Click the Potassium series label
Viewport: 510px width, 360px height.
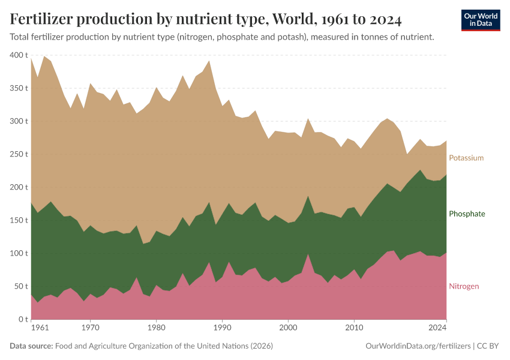[466, 158]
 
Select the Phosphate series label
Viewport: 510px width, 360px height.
[467, 214]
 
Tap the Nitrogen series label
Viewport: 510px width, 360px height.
[464, 286]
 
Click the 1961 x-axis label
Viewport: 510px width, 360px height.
[39, 328]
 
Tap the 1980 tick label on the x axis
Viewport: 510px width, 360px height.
[156, 328]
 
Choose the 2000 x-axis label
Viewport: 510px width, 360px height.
[289, 328]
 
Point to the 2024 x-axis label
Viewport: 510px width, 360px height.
[438, 328]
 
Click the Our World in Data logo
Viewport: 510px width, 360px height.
[481, 20]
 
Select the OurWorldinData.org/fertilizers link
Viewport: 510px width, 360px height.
[418, 346]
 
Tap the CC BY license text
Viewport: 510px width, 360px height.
[488, 346]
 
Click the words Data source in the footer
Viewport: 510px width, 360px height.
[31, 346]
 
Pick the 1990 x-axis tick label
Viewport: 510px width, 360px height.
[222, 328]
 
